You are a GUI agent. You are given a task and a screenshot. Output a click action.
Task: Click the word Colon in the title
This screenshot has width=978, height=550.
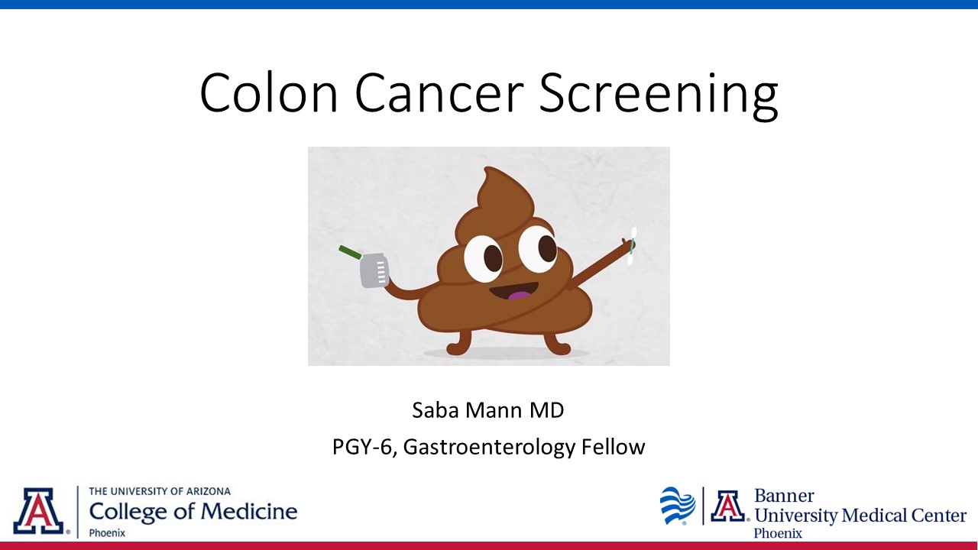(269, 92)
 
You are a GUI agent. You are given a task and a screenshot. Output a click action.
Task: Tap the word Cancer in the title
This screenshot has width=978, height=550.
(439, 92)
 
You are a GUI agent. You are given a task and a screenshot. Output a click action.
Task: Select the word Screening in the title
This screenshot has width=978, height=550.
(659, 95)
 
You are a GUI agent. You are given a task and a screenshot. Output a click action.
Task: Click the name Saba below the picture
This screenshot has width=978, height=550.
(436, 410)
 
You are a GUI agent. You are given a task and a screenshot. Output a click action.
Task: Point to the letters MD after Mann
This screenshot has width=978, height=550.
(546, 410)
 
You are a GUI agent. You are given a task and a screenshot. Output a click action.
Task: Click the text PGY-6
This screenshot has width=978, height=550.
(362, 447)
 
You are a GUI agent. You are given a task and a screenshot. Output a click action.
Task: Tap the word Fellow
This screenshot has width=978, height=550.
(613, 447)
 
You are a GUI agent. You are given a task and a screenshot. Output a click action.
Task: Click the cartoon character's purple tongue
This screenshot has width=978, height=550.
(518, 296)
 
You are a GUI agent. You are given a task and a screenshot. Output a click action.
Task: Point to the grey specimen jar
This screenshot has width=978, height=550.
(374, 270)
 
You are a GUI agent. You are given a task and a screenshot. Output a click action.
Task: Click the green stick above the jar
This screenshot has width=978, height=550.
(350, 252)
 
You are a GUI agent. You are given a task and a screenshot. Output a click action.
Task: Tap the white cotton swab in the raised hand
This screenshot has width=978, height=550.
(632, 246)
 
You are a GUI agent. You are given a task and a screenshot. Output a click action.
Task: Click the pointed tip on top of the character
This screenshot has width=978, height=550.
(487, 169)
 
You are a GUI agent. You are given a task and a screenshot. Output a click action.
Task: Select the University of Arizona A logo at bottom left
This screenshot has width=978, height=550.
(38, 511)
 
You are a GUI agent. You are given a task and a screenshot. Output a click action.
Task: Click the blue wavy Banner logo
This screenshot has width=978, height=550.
(678, 506)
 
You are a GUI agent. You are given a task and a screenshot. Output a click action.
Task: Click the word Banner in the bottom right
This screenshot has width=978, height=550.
(784, 496)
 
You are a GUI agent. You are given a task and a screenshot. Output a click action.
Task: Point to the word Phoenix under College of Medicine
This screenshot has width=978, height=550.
(107, 533)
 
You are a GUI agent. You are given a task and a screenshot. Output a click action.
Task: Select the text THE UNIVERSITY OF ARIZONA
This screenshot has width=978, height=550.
(160, 491)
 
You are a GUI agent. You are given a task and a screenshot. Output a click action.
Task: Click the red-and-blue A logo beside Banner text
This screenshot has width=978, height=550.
(728, 506)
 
